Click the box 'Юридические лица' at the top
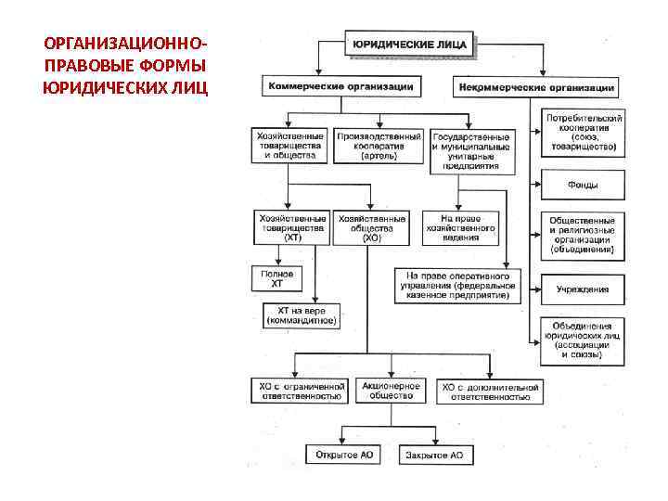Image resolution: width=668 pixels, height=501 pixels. [x=412, y=43]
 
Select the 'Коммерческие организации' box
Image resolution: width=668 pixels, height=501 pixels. [x=340, y=86]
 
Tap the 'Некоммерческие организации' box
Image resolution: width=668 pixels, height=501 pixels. [x=535, y=87]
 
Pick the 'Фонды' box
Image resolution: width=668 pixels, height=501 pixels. [x=584, y=185]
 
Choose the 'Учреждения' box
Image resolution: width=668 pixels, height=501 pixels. [x=584, y=289]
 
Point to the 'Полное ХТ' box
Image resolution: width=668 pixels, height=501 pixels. [x=276, y=276]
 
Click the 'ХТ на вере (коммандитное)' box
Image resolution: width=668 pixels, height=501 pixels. [x=302, y=315]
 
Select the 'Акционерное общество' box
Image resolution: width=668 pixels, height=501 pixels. [x=391, y=391]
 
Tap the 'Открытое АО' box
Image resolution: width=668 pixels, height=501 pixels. [x=343, y=455]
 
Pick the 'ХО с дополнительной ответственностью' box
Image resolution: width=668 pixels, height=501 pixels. [x=491, y=391]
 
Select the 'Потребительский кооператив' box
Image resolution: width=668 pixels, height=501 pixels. [x=584, y=131]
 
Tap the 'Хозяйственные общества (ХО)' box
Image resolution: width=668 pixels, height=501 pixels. [x=371, y=227]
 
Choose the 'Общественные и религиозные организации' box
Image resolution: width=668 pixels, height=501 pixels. [x=584, y=235]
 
